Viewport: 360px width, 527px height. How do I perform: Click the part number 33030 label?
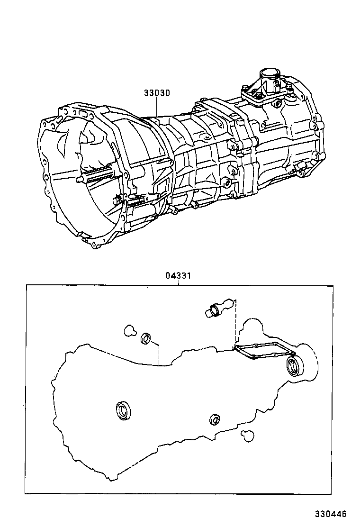(157, 93)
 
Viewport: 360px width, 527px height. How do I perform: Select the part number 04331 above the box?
(178, 275)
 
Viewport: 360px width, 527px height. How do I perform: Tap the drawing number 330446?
(332, 514)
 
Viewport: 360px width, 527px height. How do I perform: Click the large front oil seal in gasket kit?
(124, 410)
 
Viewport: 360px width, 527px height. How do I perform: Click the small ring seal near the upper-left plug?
(146, 339)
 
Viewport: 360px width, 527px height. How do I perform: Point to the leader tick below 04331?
(178, 282)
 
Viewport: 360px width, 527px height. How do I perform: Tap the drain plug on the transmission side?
(228, 183)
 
